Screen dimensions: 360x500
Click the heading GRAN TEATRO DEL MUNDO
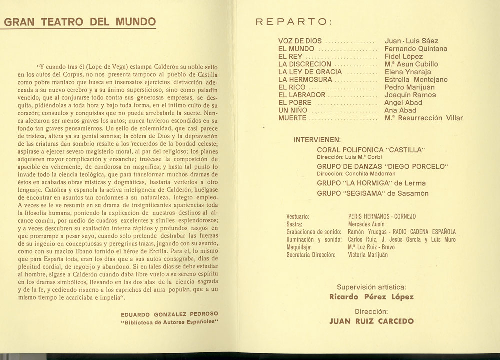[80, 22]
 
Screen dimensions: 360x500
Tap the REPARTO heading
[292, 22]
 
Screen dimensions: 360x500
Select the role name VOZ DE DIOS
[300, 41]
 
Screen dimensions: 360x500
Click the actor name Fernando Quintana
[416, 49]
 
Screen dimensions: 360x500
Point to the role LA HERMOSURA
[305, 80]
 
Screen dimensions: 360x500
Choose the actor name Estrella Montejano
[416, 80]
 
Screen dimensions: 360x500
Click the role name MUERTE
[293, 118]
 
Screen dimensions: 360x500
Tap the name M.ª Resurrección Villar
[424, 118]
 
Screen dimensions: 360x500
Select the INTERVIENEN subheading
[318, 139]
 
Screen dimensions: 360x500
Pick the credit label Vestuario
[298, 217]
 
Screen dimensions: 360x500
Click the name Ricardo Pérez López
[371, 297]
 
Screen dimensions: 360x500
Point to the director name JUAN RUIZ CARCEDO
[372, 322]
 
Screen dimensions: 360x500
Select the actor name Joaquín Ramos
[410, 95]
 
